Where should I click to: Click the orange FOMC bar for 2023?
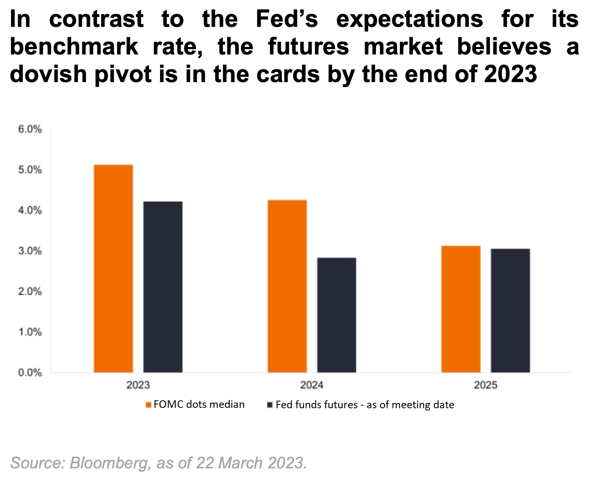[113, 268]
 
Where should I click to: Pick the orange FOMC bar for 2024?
[287, 286]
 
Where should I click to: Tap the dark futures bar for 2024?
[337, 315]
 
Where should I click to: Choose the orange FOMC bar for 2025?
[461, 309]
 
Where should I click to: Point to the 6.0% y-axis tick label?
[30, 129]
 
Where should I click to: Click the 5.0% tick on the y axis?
[30, 170]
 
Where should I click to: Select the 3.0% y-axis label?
[30, 251]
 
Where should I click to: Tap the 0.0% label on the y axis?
[30, 373]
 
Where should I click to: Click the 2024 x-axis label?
[312, 385]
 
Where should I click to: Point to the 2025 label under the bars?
[486, 385]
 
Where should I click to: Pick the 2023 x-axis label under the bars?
[138, 385]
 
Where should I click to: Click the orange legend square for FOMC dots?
[149, 405]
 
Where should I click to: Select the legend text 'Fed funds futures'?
[316, 405]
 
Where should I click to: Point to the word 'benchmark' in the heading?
[74, 47]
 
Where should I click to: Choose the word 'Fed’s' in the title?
[287, 19]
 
